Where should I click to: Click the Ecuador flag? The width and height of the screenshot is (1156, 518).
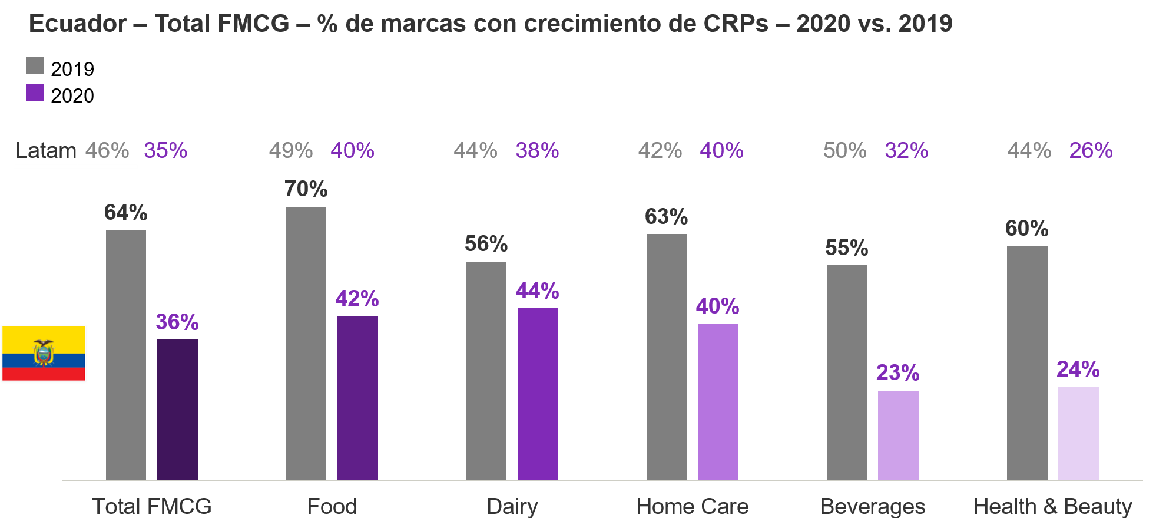(x=44, y=354)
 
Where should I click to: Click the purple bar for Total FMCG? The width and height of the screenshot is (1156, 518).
(x=177, y=409)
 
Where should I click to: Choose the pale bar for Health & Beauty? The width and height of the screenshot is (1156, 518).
(x=1078, y=433)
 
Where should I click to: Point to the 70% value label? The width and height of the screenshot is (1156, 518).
(x=306, y=189)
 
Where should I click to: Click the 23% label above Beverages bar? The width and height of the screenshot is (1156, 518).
(x=897, y=372)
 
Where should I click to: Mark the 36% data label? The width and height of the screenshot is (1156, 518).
(x=177, y=322)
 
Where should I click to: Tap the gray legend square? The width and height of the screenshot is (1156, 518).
(x=35, y=65)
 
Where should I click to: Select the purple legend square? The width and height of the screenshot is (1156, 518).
(x=35, y=93)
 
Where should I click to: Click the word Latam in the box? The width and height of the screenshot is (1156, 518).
(x=46, y=150)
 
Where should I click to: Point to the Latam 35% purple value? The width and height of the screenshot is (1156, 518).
(x=165, y=150)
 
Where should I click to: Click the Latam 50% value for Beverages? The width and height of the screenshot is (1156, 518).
(x=844, y=150)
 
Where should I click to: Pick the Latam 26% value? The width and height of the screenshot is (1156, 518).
(x=1091, y=150)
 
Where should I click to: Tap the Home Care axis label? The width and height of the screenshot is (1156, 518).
(x=693, y=506)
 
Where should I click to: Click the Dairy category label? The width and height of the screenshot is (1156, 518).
(x=512, y=506)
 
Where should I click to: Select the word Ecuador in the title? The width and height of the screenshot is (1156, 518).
(x=78, y=24)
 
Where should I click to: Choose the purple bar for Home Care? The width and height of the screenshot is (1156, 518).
(x=718, y=402)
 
